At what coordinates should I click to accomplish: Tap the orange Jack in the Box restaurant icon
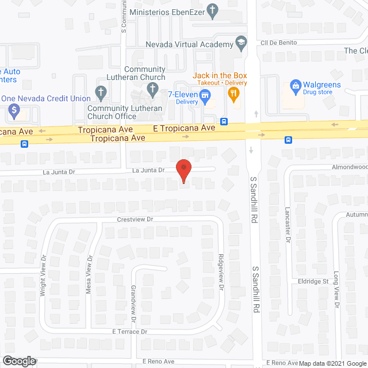233,95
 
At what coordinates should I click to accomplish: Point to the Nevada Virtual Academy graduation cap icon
241,44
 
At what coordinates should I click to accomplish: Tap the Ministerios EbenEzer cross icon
213,10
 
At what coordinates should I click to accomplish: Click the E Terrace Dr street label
130,332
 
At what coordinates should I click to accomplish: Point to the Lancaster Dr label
288,223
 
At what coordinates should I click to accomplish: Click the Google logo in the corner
18,361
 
